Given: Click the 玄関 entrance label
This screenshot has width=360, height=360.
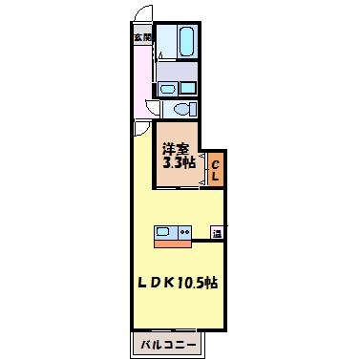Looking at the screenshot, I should (142, 37).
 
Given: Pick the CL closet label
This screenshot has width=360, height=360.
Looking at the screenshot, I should (217, 172).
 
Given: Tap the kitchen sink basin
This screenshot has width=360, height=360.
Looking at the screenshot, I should (162, 231).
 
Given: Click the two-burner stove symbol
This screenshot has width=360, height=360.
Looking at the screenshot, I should (183, 231).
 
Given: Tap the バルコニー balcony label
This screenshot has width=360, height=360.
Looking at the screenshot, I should (171, 342).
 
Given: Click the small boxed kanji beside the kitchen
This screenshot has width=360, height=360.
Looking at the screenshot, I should (218, 232).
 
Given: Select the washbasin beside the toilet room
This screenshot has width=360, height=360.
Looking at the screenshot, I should (169, 90).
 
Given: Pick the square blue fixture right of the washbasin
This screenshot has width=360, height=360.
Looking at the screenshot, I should (187, 89).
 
